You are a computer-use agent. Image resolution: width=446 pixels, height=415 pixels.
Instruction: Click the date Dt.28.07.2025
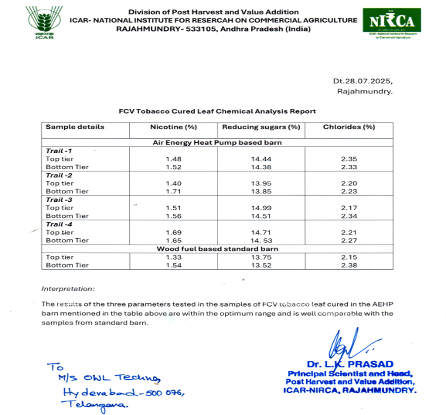pyautogui.click(x=362, y=82)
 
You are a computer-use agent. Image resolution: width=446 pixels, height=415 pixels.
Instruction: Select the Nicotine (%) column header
pyautogui.click(x=173, y=127)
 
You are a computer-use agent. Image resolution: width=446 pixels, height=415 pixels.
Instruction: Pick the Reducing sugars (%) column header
pyautogui.click(x=261, y=127)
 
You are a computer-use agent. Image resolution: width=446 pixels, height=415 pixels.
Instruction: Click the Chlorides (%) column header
pyautogui.click(x=349, y=127)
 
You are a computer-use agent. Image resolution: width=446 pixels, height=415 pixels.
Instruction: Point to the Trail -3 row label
pyautogui.click(x=59, y=200)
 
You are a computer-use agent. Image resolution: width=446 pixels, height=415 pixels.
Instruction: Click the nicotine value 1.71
pyautogui.click(x=173, y=191)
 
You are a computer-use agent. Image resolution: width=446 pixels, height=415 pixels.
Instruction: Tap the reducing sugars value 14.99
pyautogui.click(x=261, y=207)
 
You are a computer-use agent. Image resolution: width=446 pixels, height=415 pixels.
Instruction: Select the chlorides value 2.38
pyautogui.click(x=349, y=265)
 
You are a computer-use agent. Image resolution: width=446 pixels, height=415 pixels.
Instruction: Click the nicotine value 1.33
pyautogui.click(x=173, y=257)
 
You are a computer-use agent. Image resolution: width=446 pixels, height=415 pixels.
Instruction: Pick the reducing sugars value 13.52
pyautogui.click(x=261, y=265)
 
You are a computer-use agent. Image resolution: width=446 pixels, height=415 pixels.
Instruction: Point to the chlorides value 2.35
pyautogui.click(x=349, y=159)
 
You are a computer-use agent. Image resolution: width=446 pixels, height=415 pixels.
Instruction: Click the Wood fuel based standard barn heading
pyautogui.click(x=217, y=249)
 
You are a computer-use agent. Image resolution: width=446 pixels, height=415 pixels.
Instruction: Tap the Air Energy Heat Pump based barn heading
pyautogui.click(x=217, y=143)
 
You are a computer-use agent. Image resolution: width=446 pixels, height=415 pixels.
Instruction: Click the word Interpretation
pyautogui.click(x=68, y=289)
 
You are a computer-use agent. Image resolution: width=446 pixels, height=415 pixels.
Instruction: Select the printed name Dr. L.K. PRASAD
pyautogui.click(x=350, y=364)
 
